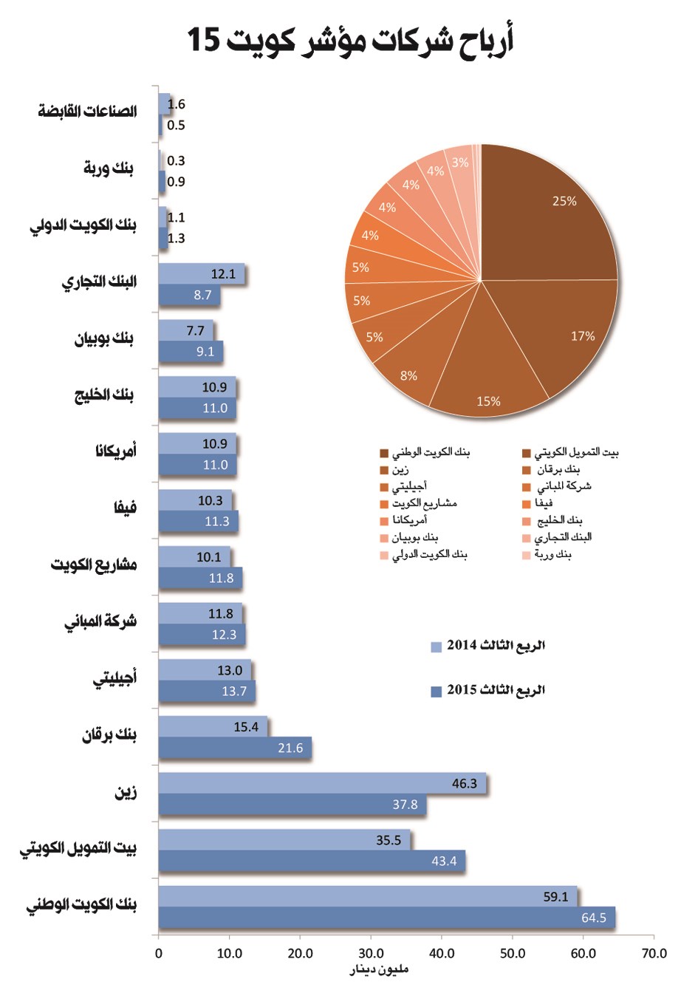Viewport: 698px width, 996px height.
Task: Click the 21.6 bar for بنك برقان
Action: tap(234, 748)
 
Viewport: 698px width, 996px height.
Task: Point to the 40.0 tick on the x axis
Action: tap(442, 953)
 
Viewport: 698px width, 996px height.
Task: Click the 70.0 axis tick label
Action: tap(654, 953)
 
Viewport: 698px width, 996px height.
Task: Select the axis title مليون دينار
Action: tap(379, 969)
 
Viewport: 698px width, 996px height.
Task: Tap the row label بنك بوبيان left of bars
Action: tap(104, 339)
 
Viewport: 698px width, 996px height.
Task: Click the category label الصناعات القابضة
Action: tap(87, 112)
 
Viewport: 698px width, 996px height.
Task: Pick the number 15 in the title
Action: tap(204, 39)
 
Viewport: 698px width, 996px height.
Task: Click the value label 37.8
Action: tap(405, 805)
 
